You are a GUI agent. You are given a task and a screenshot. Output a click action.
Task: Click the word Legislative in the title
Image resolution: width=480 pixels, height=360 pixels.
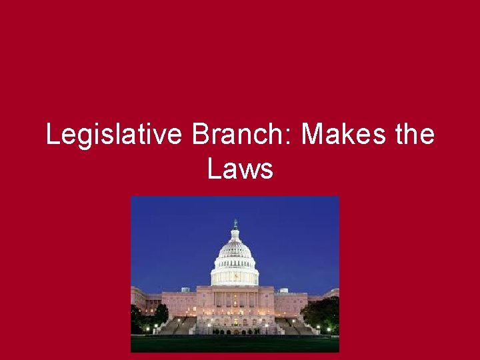click(x=114, y=135)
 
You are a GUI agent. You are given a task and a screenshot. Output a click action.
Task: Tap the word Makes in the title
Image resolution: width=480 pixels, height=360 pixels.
click(x=342, y=135)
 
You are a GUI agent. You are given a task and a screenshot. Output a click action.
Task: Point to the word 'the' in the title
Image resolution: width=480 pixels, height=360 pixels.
click(x=414, y=135)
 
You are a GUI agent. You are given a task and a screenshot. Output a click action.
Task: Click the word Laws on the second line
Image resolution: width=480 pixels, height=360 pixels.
click(x=240, y=169)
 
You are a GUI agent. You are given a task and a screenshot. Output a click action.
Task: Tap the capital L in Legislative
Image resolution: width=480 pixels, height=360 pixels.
click(x=52, y=135)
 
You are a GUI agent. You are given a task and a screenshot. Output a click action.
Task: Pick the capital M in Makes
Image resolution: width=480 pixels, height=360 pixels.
click(x=312, y=135)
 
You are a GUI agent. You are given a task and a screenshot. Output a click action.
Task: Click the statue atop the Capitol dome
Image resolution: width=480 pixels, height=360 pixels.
click(x=235, y=223)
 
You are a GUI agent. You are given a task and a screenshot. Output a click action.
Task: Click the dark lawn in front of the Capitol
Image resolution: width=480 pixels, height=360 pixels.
click(x=235, y=343)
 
